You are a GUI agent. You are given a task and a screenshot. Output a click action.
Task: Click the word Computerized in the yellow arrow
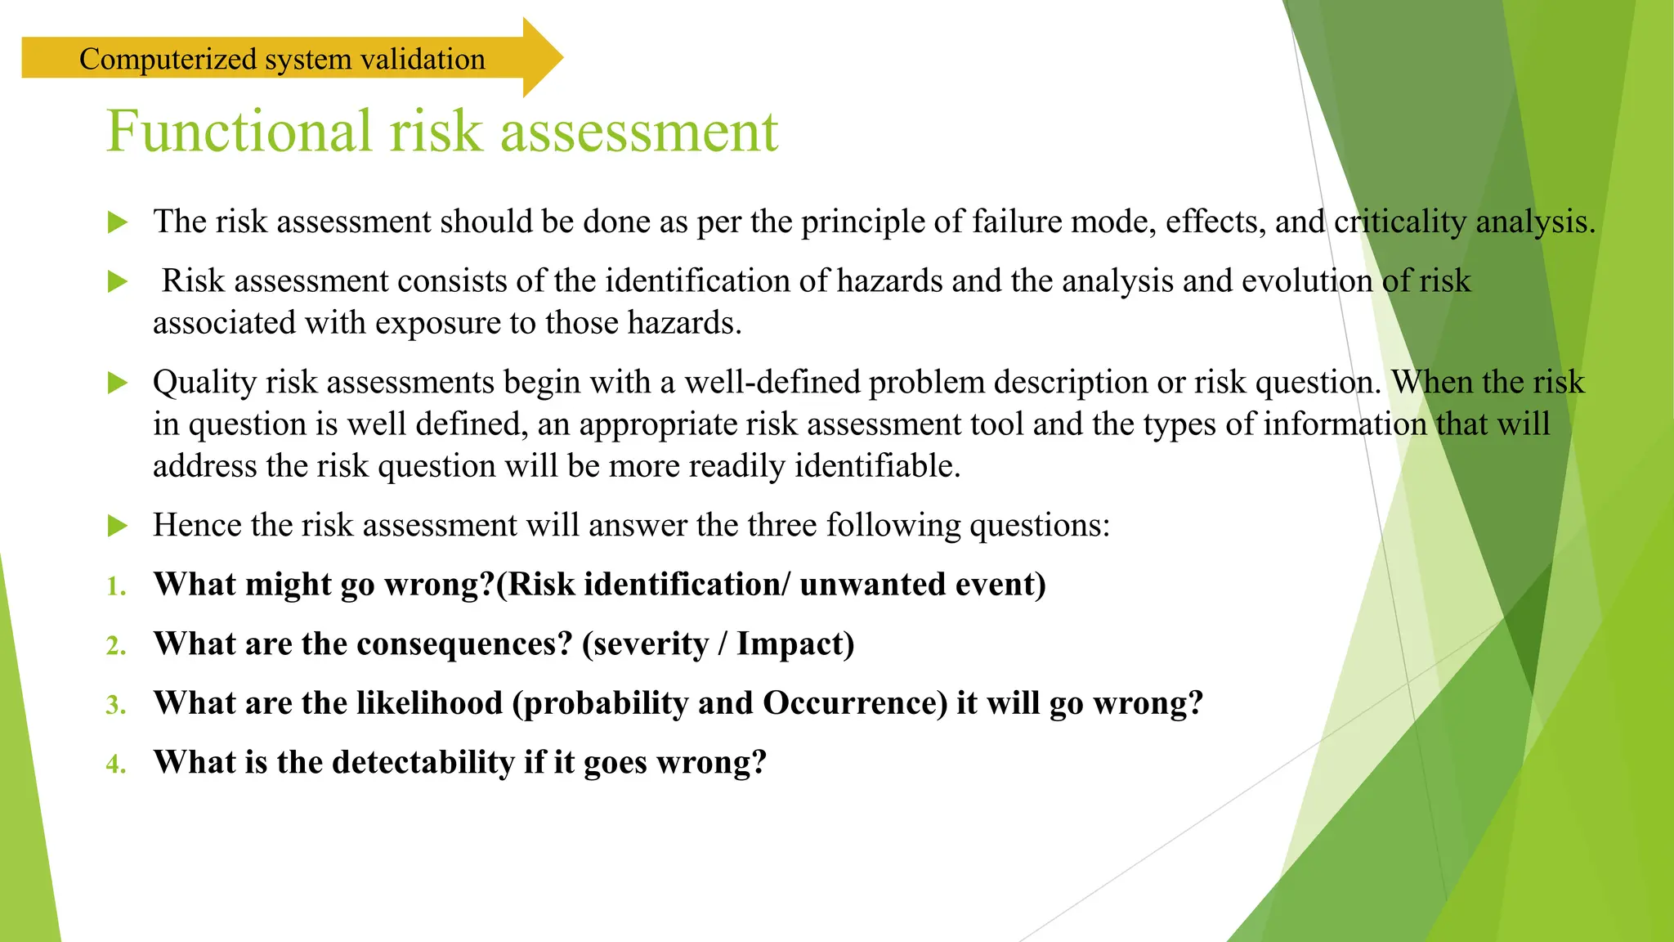point(168,60)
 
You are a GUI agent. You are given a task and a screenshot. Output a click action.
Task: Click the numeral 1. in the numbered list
point(116,586)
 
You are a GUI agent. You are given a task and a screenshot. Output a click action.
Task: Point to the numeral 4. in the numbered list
point(116,764)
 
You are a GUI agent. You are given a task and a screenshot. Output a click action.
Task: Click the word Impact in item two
point(794,644)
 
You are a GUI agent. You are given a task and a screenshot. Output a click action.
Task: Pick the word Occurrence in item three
point(854,703)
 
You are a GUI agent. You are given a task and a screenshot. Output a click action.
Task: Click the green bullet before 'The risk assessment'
point(118,222)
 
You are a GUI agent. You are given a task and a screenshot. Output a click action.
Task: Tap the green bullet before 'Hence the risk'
point(118,526)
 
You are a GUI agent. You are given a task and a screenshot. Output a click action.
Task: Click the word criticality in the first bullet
point(1400,222)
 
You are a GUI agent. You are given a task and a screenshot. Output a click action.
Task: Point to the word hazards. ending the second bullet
point(684,323)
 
